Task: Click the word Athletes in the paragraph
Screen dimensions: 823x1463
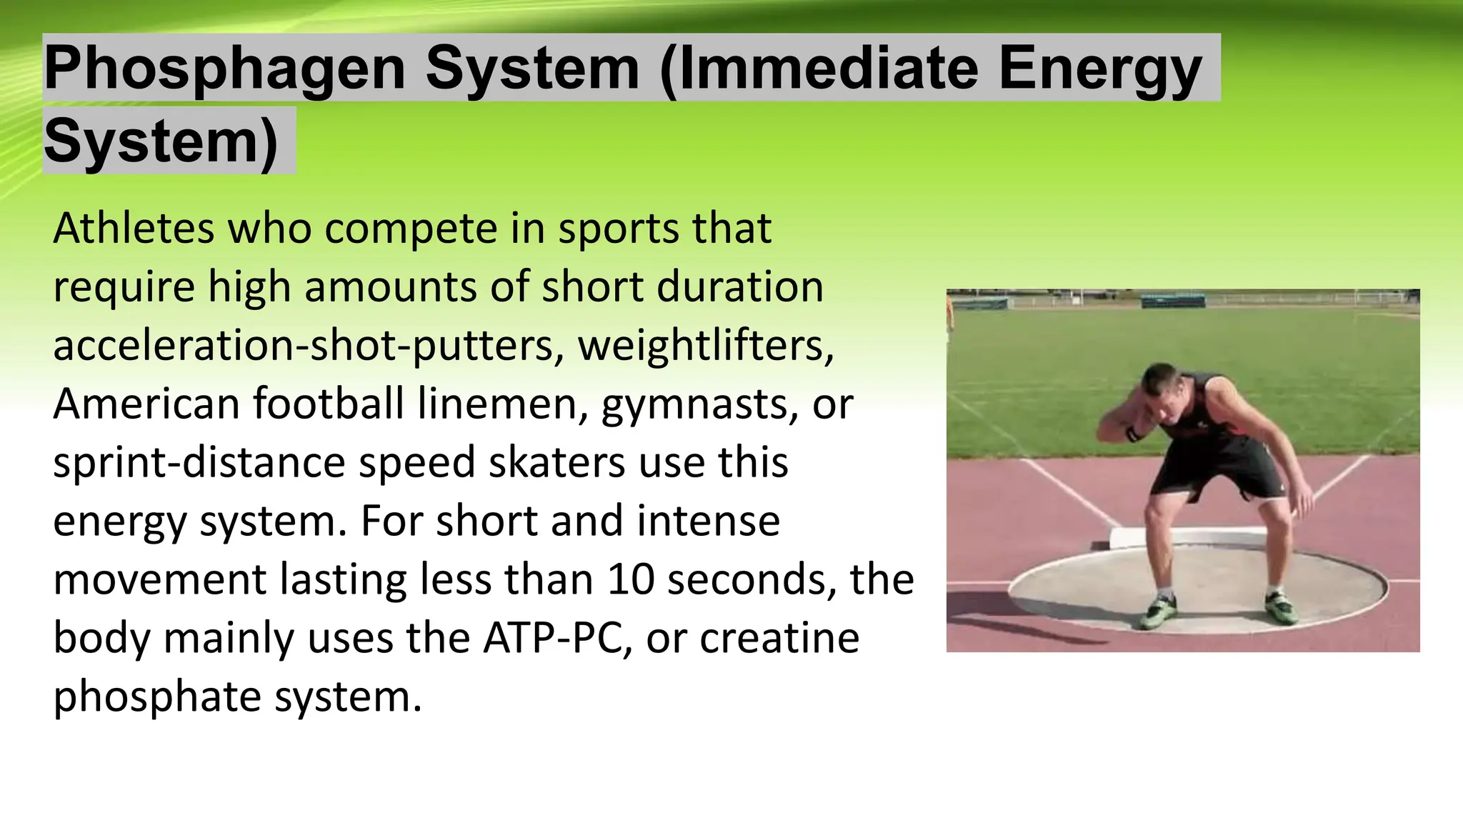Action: click(x=134, y=229)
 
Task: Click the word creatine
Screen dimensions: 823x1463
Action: click(x=779, y=638)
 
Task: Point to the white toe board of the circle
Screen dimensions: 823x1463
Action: click(x=1214, y=535)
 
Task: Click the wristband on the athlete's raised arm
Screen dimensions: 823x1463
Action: click(x=1132, y=434)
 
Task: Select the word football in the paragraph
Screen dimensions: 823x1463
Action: click(x=329, y=404)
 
